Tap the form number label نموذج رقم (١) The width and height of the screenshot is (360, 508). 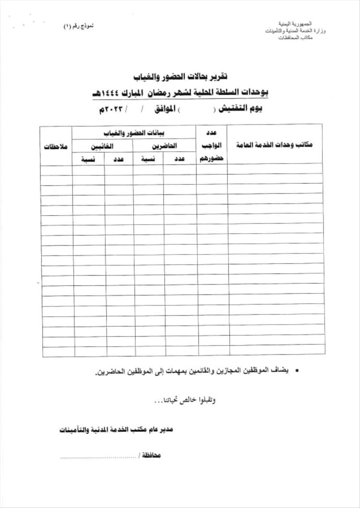coord(79,24)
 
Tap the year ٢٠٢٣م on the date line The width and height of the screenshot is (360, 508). coord(112,110)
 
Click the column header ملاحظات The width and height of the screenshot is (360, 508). coord(56,145)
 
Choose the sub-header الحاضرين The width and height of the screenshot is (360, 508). coord(165,145)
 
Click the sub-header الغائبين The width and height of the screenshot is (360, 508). coord(103,145)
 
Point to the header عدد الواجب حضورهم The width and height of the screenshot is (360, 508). coord(212,145)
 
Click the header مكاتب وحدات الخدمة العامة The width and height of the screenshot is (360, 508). coord(275,145)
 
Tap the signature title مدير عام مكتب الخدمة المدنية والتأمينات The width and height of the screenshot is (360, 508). coord(117,428)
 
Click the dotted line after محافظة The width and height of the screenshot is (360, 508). coord(98,457)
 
